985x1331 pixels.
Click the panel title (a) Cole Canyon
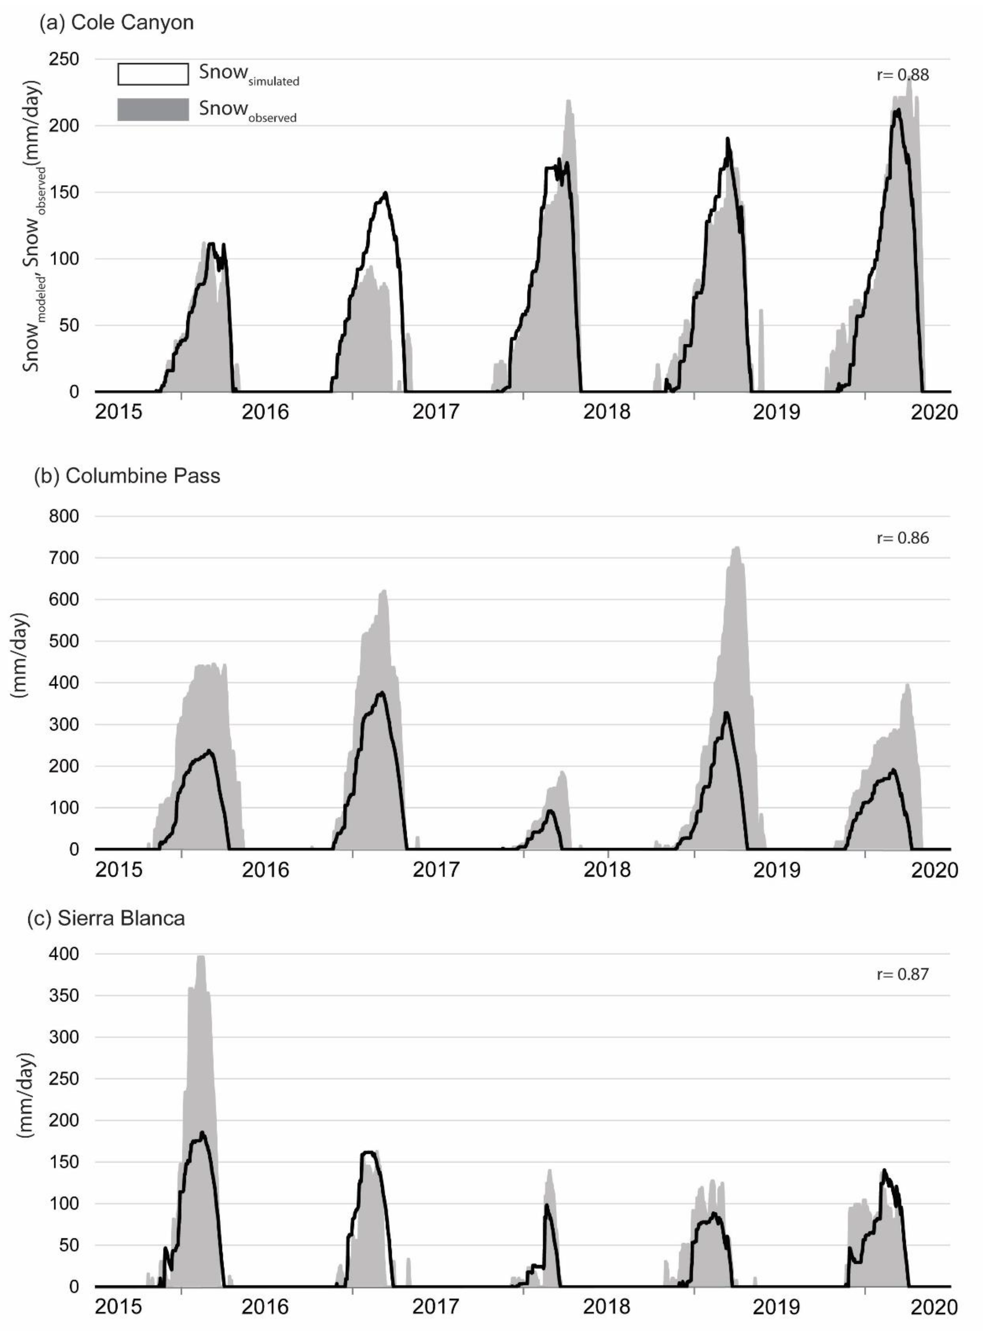coord(116,23)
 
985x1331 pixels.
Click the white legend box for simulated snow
coord(153,75)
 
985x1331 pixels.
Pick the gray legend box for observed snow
coord(153,110)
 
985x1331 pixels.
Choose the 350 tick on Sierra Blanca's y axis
coord(64,995)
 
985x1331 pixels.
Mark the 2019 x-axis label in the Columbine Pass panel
coord(776,870)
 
